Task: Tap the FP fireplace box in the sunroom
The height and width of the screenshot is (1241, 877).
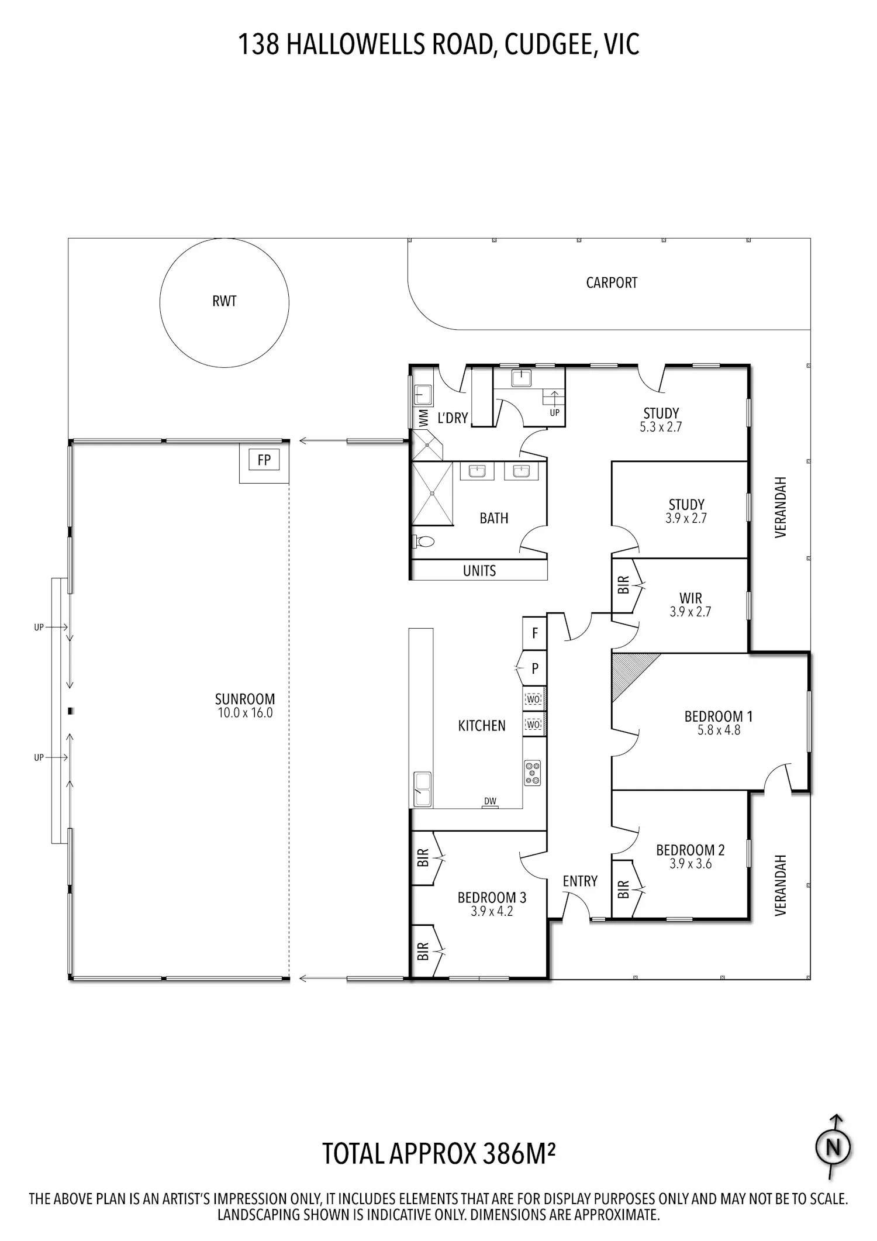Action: pyautogui.click(x=264, y=460)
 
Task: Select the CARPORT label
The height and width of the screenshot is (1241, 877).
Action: pyautogui.click(x=612, y=282)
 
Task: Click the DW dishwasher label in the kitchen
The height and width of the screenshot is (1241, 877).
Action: pyautogui.click(x=490, y=801)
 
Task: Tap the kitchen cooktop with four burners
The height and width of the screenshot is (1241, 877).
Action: pyautogui.click(x=532, y=773)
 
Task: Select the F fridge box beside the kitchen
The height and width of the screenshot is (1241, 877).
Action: pyautogui.click(x=534, y=633)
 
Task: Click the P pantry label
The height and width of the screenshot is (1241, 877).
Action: pyautogui.click(x=535, y=668)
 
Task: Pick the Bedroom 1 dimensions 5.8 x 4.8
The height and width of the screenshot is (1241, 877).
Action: pyautogui.click(x=719, y=730)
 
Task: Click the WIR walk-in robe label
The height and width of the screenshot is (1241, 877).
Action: pyautogui.click(x=690, y=598)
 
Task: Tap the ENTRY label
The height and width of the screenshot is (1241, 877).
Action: pyautogui.click(x=580, y=881)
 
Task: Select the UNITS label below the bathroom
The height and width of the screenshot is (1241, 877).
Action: pyautogui.click(x=479, y=571)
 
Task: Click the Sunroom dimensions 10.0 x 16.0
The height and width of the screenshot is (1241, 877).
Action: pyautogui.click(x=245, y=713)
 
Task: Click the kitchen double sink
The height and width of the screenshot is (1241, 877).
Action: pyautogui.click(x=422, y=789)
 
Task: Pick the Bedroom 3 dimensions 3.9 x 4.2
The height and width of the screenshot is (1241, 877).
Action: pyautogui.click(x=492, y=911)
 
